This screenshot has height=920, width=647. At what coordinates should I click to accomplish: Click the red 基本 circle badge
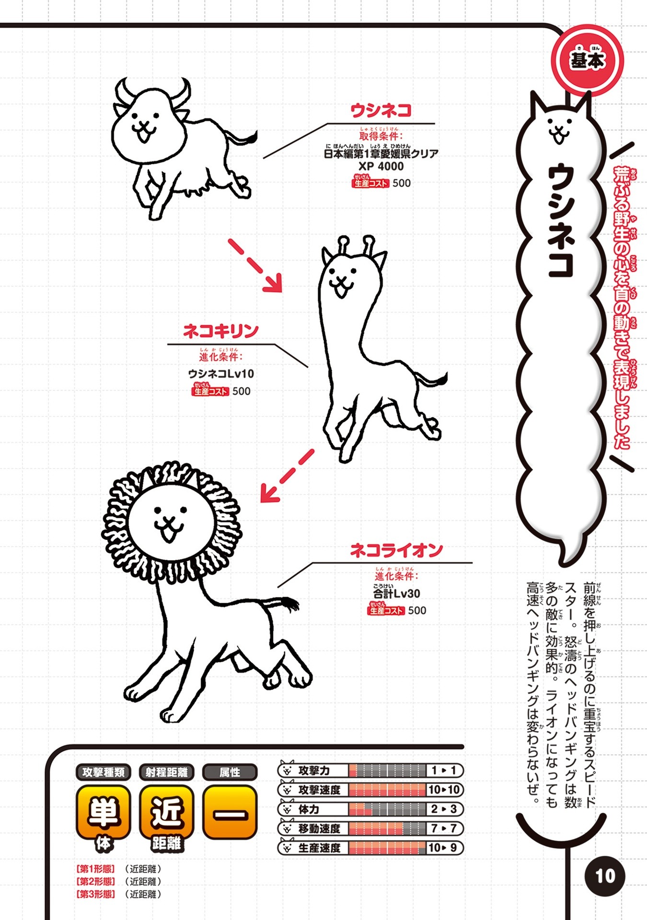pyautogui.click(x=588, y=61)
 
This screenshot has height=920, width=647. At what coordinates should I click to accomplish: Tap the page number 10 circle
pyautogui.click(x=605, y=876)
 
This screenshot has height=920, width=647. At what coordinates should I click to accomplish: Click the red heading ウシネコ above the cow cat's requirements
pyautogui.click(x=381, y=111)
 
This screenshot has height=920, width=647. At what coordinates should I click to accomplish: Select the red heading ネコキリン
pyautogui.click(x=221, y=331)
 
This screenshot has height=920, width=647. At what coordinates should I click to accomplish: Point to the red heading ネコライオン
pyautogui.click(x=396, y=550)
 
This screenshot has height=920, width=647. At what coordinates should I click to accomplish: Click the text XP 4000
pyautogui.click(x=381, y=166)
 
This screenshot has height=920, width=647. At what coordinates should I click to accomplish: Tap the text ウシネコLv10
pyautogui.click(x=221, y=374)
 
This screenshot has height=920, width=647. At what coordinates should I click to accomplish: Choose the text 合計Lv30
pyautogui.click(x=397, y=593)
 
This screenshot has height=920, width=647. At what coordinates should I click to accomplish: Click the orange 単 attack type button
pyautogui.click(x=103, y=813)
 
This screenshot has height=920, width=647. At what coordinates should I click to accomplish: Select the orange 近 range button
pyautogui.click(x=166, y=813)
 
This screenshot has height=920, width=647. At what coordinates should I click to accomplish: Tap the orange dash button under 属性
pyautogui.click(x=230, y=813)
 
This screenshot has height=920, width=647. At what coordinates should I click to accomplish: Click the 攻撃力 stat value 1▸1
pyautogui.click(x=444, y=770)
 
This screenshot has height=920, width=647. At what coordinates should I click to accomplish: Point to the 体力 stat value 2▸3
pyautogui.click(x=444, y=809)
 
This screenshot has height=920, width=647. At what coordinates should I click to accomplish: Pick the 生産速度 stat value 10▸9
pyautogui.click(x=444, y=848)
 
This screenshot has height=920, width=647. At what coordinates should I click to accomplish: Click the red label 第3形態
pyautogui.click(x=95, y=894)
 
